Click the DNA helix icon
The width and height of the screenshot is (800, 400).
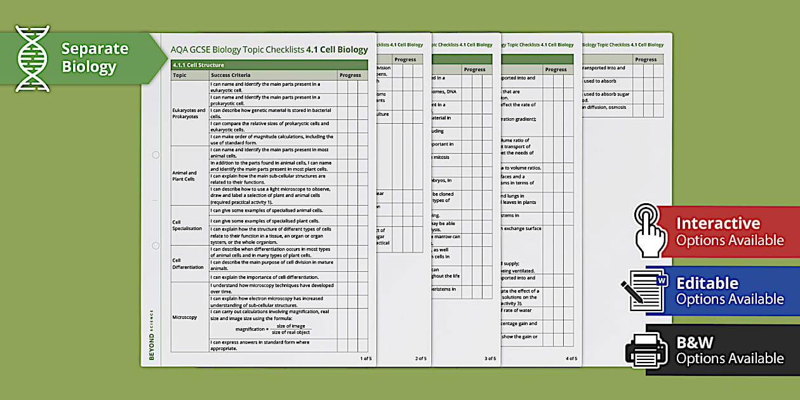(x=32, y=58)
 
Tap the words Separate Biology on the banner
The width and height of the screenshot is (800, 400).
(x=94, y=57)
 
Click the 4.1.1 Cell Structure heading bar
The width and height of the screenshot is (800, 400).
(x=269, y=65)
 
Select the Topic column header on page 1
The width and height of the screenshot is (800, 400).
(x=180, y=75)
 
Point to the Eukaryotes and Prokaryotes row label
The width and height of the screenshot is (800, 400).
(x=189, y=113)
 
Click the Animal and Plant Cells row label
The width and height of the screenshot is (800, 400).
(x=185, y=176)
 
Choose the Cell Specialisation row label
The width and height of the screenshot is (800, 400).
(x=187, y=225)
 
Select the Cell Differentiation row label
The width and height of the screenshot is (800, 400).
(x=188, y=263)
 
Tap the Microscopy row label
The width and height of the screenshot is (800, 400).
(x=185, y=317)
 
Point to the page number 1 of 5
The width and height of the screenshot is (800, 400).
(x=366, y=359)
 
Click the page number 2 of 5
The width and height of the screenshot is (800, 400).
(x=421, y=359)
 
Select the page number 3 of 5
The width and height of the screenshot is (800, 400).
(x=490, y=359)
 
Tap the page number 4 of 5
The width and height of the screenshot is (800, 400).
(x=571, y=359)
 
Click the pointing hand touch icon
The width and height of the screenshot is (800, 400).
(x=650, y=230)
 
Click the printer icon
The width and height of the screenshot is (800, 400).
(x=647, y=350)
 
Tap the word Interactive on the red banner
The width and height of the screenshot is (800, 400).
(x=717, y=223)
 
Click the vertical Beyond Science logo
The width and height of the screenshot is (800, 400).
(x=152, y=335)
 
